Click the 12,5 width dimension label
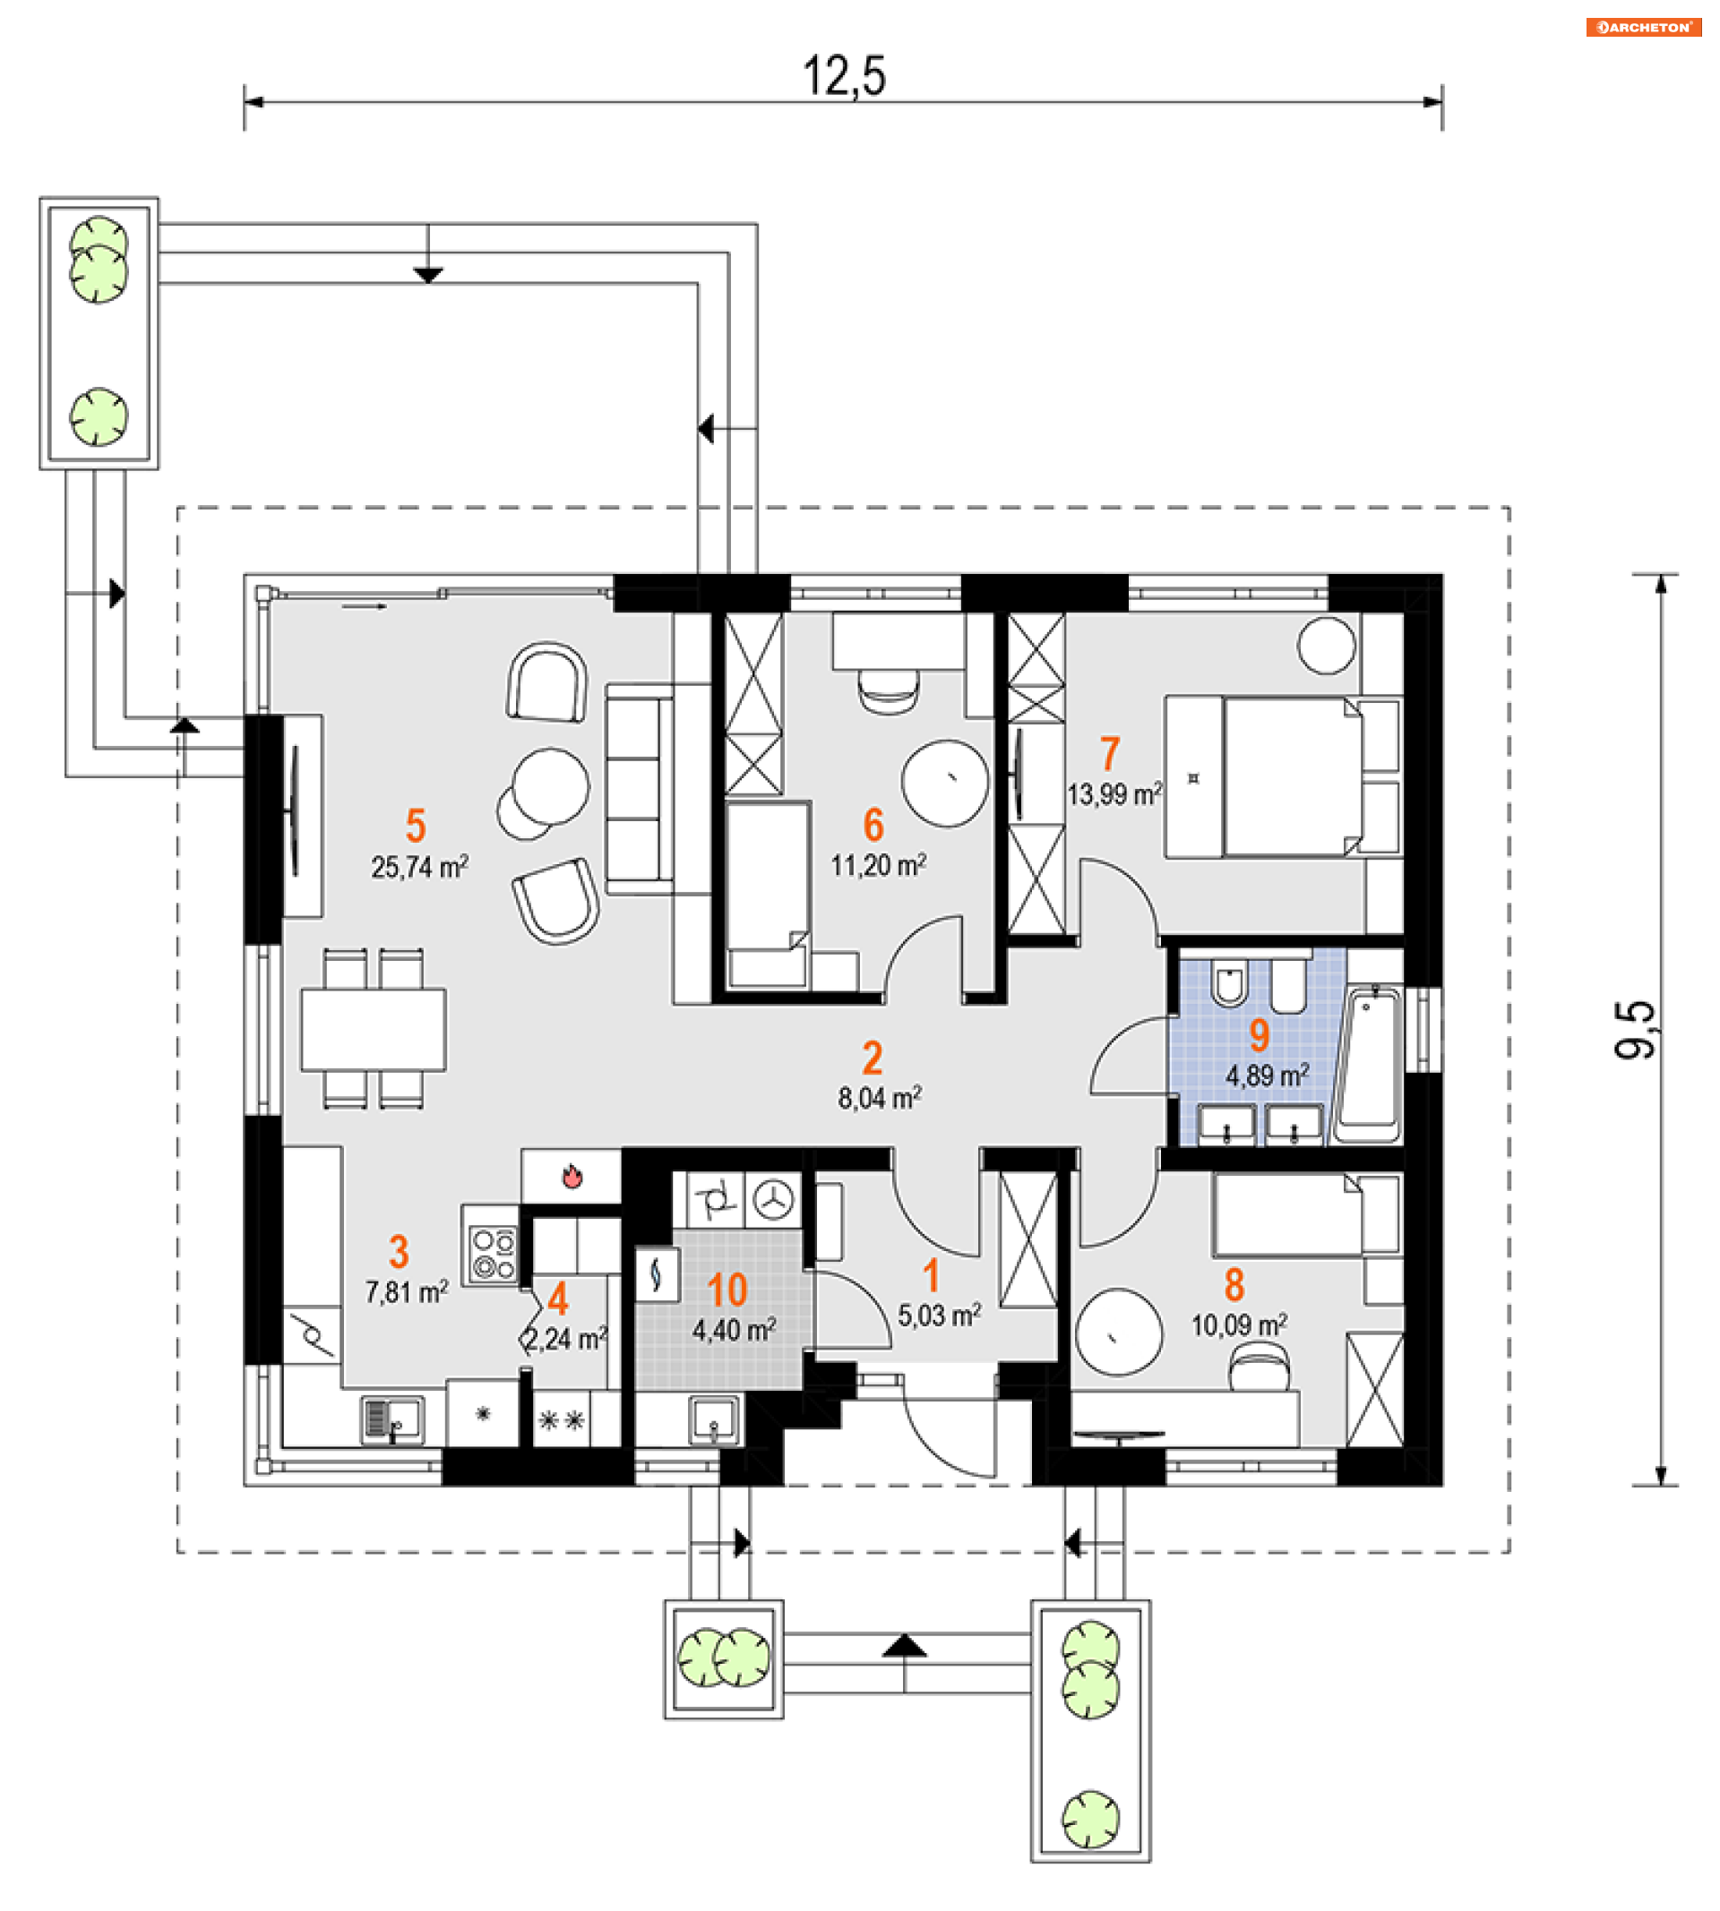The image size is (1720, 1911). pos(844,75)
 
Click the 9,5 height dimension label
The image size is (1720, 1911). pos(1635,1030)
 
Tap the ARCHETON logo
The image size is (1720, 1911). pos(1644,27)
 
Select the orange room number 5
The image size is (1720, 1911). pos(416,826)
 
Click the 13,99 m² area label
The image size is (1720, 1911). pos(1114,794)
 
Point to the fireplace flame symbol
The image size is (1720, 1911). pos(572,1176)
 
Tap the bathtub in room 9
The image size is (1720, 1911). pos(1368,1064)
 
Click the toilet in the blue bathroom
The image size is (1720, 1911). pos(1228,983)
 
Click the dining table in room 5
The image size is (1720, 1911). pos(374,1029)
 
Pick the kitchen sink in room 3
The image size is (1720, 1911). pos(392,1419)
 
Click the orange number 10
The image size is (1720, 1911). pos(727,1290)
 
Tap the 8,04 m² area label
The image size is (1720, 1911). pos(880,1098)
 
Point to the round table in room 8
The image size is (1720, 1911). pos(1119,1332)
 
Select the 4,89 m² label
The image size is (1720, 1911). pos(1268,1075)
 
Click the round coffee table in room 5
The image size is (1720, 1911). pos(551,786)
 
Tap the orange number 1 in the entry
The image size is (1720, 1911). pos(932,1276)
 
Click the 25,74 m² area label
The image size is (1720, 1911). pos(419,867)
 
